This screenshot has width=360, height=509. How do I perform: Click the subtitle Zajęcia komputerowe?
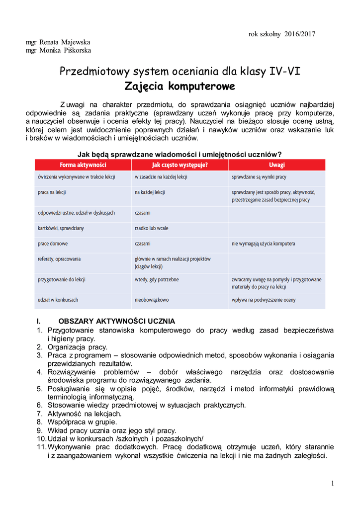click(180, 86)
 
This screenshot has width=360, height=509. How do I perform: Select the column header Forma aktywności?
click(83, 165)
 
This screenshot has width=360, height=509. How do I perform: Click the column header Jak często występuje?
click(180, 165)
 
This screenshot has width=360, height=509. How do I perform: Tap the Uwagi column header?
click(277, 165)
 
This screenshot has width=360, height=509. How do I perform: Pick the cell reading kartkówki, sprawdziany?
click(61, 228)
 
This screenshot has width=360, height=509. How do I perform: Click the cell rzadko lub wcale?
click(151, 228)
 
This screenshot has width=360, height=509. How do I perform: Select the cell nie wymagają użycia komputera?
click(263, 244)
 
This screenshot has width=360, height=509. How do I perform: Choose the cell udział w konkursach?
click(58, 300)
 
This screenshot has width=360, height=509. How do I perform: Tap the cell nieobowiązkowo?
click(152, 300)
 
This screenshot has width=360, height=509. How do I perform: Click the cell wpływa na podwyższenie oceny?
click(264, 300)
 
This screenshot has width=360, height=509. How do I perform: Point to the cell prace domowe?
click(53, 244)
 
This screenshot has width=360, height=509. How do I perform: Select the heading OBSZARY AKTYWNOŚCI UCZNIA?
click(116, 321)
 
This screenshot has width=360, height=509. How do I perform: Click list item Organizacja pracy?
click(77, 347)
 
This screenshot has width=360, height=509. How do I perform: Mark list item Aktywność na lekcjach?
click(84, 414)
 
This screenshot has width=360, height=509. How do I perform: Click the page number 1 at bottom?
click(332, 483)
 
